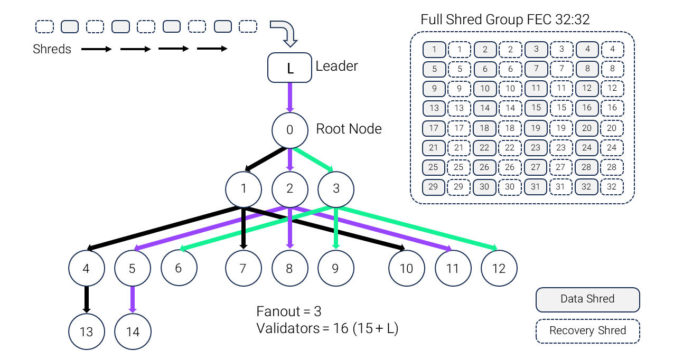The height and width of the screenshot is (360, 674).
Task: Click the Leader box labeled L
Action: (289, 68)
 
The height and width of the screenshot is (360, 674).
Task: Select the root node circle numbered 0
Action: (289, 130)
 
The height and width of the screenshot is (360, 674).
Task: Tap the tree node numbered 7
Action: (243, 268)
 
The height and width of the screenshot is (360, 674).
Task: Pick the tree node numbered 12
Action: (499, 268)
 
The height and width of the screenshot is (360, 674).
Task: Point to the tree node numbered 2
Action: (289, 188)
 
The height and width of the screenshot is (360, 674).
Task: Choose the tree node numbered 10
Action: (406, 268)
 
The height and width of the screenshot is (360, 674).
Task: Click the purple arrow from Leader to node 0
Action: (289, 97)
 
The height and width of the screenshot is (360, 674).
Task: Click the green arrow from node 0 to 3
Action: (313, 159)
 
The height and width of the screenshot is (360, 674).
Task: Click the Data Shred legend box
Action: (587, 299)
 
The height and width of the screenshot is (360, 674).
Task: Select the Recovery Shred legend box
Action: (587, 331)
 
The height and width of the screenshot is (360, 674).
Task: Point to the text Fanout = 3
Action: (288, 311)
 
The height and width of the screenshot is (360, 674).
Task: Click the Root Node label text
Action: (349, 129)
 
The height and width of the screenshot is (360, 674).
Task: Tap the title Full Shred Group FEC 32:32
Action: (505, 20)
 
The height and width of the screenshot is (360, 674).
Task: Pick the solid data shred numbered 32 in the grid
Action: (587, 187)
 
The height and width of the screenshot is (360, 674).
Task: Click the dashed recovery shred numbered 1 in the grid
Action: (460, 50)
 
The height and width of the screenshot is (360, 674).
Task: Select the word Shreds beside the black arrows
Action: (52, 49)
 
